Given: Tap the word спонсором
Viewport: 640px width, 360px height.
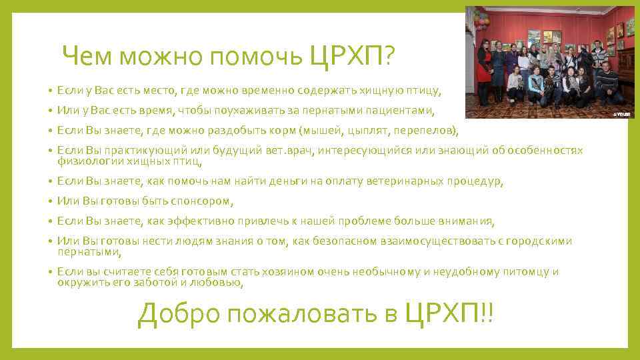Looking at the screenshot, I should (x=200, y=201).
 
